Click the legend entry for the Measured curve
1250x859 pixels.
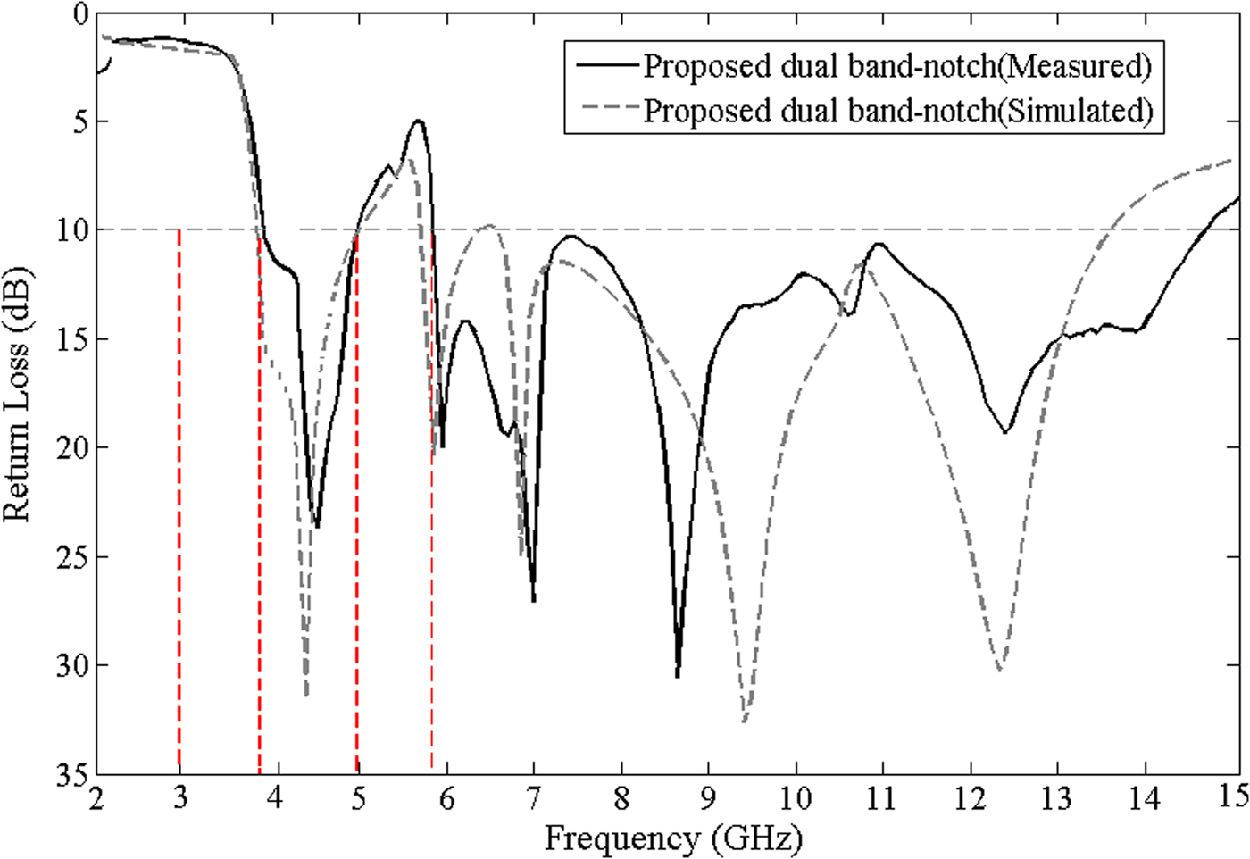tap(897, 65)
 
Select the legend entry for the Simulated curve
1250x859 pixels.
tap(897, 111)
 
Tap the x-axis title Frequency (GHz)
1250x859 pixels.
tap(673, 838)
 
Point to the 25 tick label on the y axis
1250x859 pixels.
tap(72, 557)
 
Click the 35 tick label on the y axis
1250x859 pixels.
tap(72, 773)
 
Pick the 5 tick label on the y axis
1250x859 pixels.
tap(79, 121)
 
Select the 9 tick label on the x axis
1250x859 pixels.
tap(708, 797)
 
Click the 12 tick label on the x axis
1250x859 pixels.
tap(970, 797)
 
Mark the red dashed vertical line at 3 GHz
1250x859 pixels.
tap(179, 500)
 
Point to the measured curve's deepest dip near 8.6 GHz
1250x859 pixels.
tap(678, 676)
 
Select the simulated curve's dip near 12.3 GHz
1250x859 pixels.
tap(1000, 670)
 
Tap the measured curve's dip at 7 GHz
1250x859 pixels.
tap(534, 600)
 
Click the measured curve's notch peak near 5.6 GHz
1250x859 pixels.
tap(418, 121)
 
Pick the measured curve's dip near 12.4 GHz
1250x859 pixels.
tap(1006, 432)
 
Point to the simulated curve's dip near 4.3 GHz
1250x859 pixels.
tap(306, 694)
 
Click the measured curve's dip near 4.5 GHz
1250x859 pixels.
tap(317, 527)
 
